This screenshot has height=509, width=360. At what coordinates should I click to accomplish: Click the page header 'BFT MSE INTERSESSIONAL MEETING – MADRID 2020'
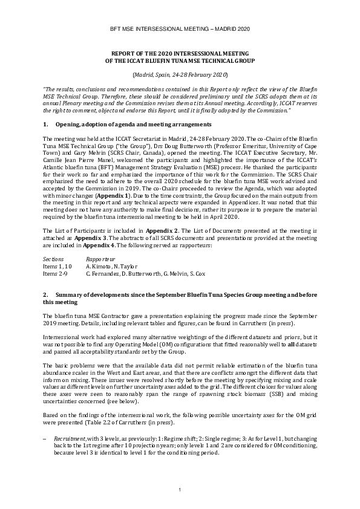(180, 29)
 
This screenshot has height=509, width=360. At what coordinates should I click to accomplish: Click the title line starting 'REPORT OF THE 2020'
(180, 54)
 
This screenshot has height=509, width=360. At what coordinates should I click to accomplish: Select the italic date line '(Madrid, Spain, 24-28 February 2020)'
(180, 74)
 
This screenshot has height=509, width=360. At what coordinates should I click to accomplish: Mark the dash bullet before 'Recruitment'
(46, 435)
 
